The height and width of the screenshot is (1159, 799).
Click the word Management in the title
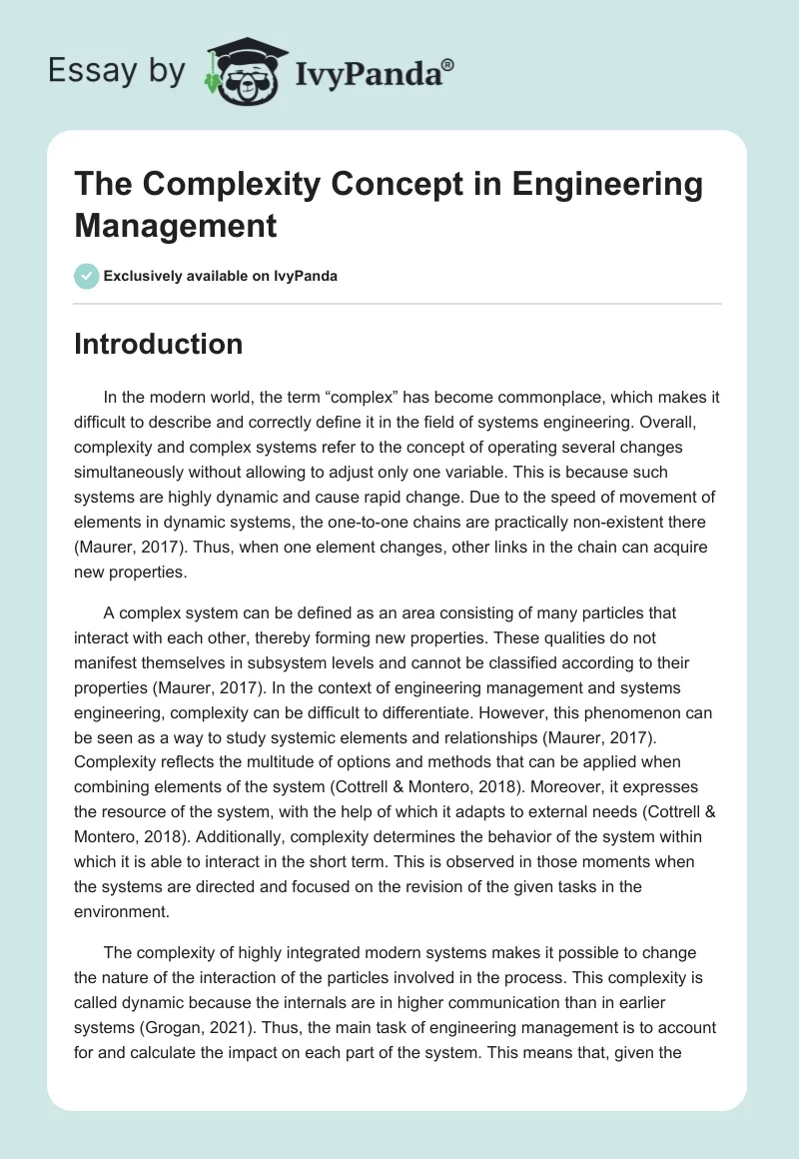coord(175,225)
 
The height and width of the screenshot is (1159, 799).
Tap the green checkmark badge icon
coord(87,276)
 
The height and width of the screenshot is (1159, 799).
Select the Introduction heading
coord(158,344)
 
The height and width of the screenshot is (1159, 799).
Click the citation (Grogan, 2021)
coord(187,1004)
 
